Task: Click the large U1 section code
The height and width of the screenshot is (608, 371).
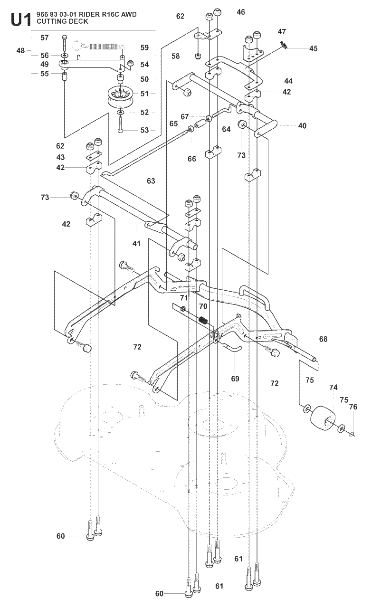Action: point(21,19)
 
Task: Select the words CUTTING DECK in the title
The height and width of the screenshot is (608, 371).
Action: point(62,21)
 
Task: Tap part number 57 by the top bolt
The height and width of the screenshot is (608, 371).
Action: point(45,38)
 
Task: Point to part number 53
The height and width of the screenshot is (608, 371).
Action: point(145,130)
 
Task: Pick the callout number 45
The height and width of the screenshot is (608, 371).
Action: point(313,48)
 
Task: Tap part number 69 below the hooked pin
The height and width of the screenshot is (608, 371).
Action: point(235,379)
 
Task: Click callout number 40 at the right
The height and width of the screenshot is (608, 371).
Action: point(302,126)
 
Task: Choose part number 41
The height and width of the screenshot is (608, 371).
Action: point(136,244)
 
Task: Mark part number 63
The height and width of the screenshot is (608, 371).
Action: point(151,181)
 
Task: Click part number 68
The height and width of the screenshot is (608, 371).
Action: point(323,339)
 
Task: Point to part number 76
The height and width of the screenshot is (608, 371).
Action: point(353,407)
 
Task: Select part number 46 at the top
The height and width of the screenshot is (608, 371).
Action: point(241,12)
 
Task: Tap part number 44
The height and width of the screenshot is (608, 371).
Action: point(288,81)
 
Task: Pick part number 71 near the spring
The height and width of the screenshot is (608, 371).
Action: point(184,298)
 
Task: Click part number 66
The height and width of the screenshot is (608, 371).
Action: point(192,159)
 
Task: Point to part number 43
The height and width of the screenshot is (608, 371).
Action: point(60,157)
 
